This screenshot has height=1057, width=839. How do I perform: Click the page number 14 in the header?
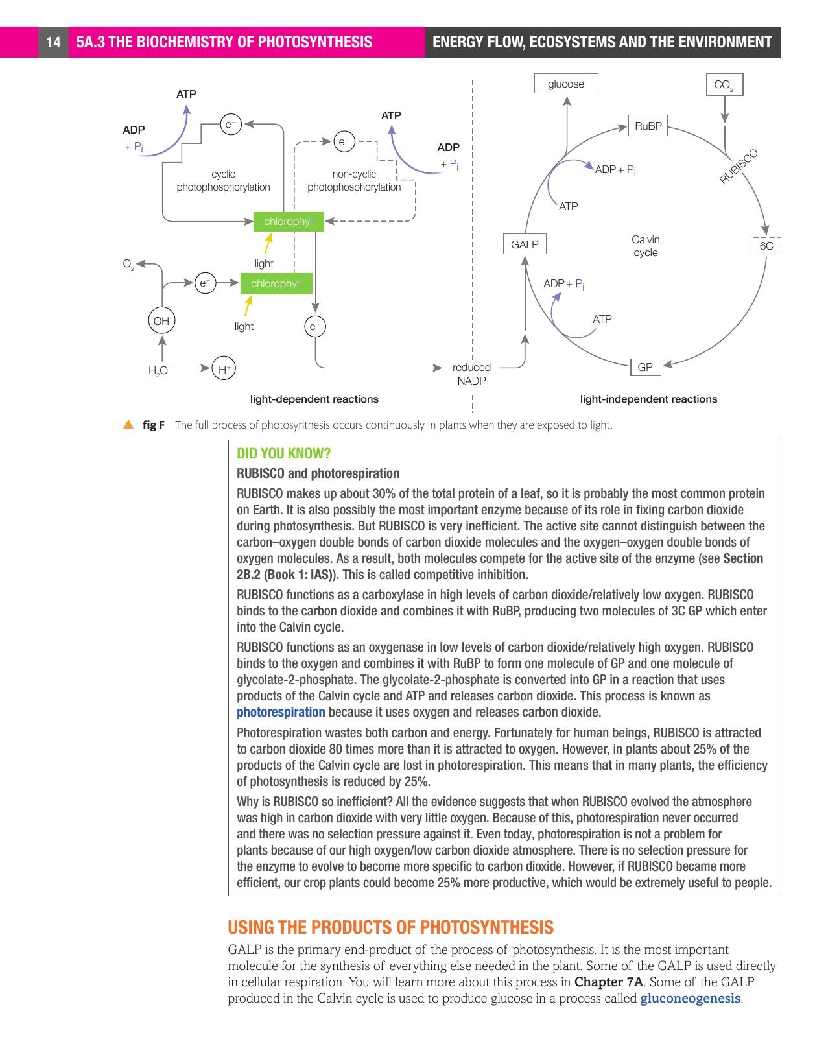(53, 43)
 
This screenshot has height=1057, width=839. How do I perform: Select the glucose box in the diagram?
(565, 84)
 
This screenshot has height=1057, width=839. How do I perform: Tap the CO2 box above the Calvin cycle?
(724, 84)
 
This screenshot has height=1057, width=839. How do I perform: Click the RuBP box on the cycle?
(648, 126)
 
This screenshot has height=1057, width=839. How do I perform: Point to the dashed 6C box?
(766, 246)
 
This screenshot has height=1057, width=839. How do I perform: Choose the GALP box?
(525, 244)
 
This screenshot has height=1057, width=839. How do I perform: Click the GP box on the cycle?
(645, 367)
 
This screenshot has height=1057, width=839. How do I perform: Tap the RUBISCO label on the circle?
(739, 167)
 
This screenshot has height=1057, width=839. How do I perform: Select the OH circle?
(161, 320)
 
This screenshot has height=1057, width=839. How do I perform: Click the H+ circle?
(224, 369)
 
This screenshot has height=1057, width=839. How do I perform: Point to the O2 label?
(128, 264)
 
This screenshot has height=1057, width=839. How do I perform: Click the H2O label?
(158, 371)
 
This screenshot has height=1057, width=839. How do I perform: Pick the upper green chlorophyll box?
(289, 221)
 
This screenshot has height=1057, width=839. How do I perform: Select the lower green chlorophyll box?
(276, 283)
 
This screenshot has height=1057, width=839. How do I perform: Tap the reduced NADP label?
(471, 374)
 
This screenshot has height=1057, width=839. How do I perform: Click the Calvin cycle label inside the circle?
(645, 246)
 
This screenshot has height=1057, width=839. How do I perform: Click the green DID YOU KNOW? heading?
(283, 453)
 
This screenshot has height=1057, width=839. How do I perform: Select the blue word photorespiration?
(281, 712)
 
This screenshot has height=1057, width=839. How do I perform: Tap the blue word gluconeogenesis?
(690, 998)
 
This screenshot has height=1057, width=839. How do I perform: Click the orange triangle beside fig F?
(128, 425)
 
